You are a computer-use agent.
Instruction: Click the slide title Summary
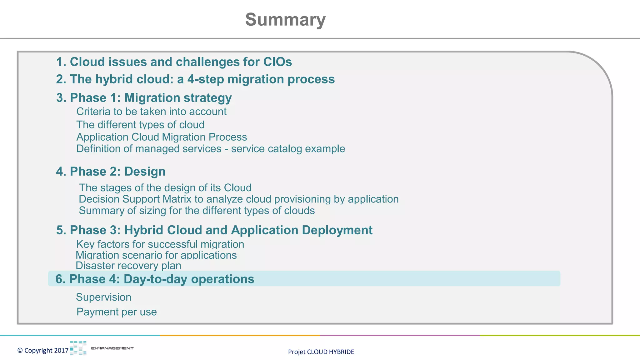tap(285, 20)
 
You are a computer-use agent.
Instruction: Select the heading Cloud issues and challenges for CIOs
tap(174, 62)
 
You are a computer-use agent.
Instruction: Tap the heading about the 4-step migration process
tap(195, 79)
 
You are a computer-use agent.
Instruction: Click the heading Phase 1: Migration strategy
tap(144, 98)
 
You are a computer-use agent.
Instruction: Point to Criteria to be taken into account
tap(151, 112)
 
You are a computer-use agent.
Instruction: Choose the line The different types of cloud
tap(140, 125)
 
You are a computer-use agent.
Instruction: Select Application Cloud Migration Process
tap(162, 137)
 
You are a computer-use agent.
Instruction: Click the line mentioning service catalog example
tap(211, 149)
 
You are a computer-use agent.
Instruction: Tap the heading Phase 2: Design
tap(111, 172)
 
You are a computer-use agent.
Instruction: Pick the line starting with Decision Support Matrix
tap(238, 199)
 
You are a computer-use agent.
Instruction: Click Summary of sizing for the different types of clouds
tap(197, 211)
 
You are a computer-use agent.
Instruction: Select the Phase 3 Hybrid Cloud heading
tap(214, 230)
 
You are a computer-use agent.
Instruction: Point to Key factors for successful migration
tap(160, 244)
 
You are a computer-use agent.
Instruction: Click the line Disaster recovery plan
tap(128, 266)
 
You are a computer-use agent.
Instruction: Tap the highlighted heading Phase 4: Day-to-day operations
tap(155, 279)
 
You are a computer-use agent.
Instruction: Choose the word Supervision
tap(103, 297)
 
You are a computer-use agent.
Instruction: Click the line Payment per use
tap(117, 312)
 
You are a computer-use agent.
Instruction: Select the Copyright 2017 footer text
tap(43, 351)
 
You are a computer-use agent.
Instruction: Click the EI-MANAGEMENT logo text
tap(112, 348)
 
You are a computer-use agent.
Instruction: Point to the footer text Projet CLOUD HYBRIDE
tap(321, 352)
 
